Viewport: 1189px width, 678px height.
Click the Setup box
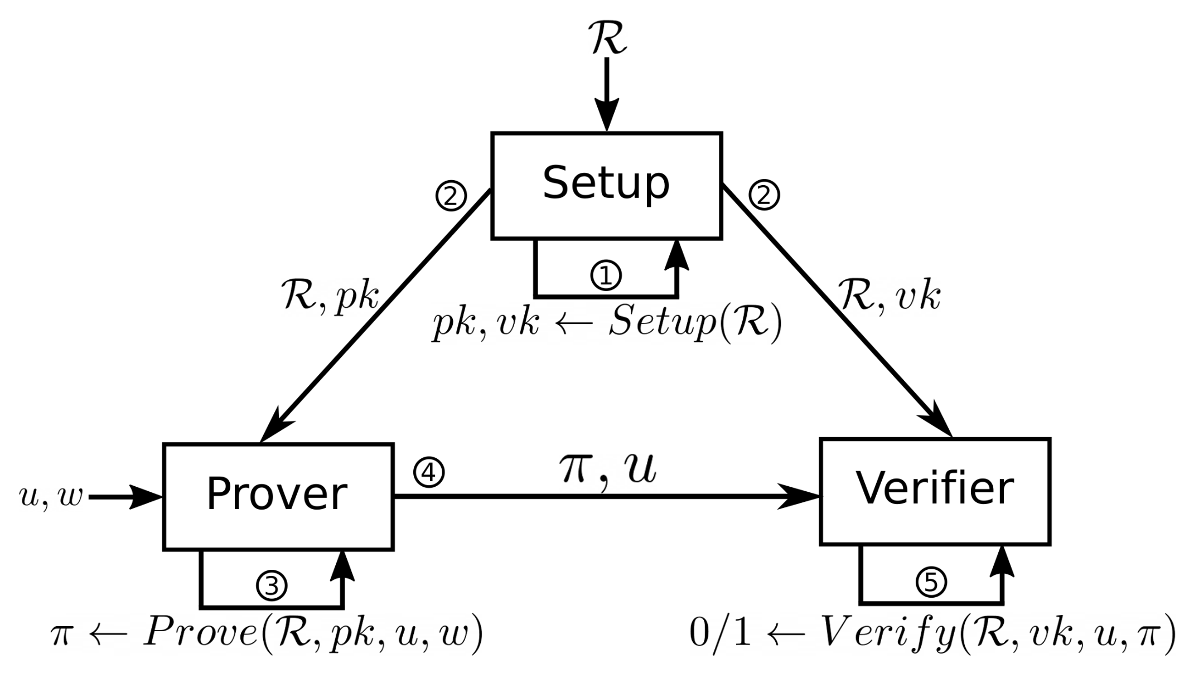pos(606,186)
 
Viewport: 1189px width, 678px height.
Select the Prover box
pos(278,496)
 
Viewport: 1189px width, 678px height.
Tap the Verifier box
pos(935,491)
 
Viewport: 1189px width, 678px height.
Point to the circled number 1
pos(606,275)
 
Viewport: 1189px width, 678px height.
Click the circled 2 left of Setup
pos(451,196)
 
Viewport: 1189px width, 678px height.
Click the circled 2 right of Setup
pos(763,195)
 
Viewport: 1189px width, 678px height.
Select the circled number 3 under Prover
pos(272,585)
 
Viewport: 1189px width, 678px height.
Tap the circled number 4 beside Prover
pos(429,472)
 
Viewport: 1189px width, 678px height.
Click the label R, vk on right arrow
pos(890,296)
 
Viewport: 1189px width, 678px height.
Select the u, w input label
pos(50,496)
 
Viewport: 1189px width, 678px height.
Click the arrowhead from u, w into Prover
pos(145,496)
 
